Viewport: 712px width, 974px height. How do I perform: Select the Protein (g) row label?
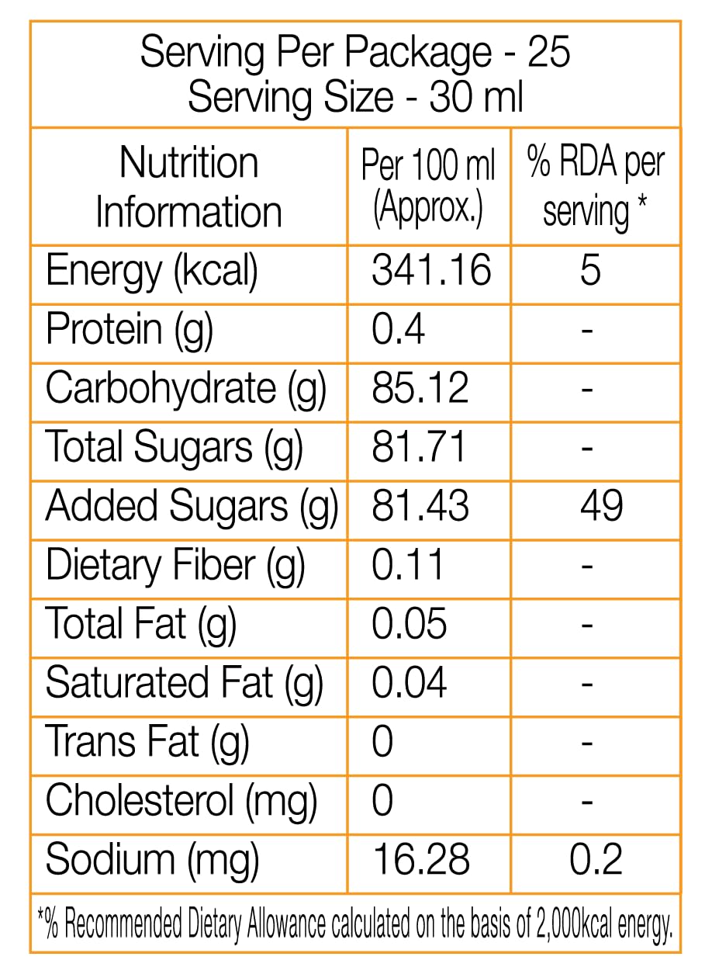tap(129, 330)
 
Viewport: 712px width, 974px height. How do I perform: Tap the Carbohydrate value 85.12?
tap(420, 388)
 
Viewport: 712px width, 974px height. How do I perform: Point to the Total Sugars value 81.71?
tap(419, 447)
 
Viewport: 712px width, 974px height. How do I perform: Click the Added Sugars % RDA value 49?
tap(601, 506)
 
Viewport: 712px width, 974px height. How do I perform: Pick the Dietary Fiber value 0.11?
tap(407, 565)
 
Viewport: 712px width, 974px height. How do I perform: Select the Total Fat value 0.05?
tap(409, 624)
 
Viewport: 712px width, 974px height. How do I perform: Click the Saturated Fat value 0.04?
tap(409, 683)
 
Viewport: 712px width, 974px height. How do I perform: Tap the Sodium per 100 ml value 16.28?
tap(421, 860)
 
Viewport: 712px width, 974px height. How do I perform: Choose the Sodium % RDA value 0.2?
tap(596, 860)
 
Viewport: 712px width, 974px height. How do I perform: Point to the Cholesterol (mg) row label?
tap(181, 800)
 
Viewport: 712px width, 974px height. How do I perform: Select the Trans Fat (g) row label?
tap(147, 742)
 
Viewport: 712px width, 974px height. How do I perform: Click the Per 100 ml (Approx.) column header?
tap(428, 187)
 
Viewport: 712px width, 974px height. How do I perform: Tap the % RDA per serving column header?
tap(596, 187)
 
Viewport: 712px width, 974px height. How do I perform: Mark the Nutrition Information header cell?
tap(188, 187)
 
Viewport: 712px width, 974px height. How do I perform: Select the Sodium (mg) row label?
tap(152, 860)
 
